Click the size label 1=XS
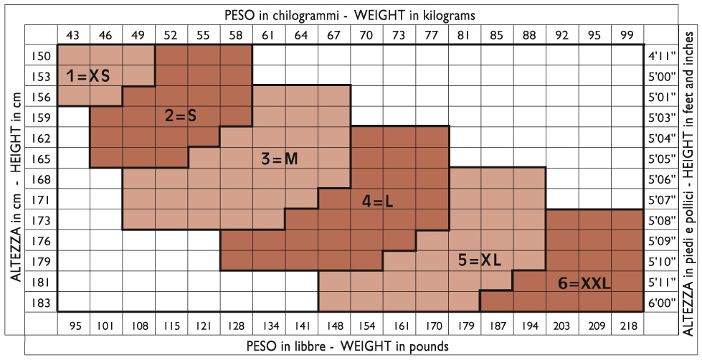[x=88, y=75]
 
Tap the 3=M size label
[x=279, y=159]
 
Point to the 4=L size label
[x=377, y=202]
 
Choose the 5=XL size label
[x=478, y=261]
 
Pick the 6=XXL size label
[x=584, y=284]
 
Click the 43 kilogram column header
[x=72, y=34]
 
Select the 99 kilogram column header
[x=627, y=34]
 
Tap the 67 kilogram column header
[x=333, y=34]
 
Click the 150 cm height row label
[x=42, y=55]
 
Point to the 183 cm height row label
[x=42, y=303]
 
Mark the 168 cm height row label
[x=42, y=179]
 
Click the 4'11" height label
[x=660, y=55]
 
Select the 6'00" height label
[x=660, y=303]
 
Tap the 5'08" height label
[x=660, y=221]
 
